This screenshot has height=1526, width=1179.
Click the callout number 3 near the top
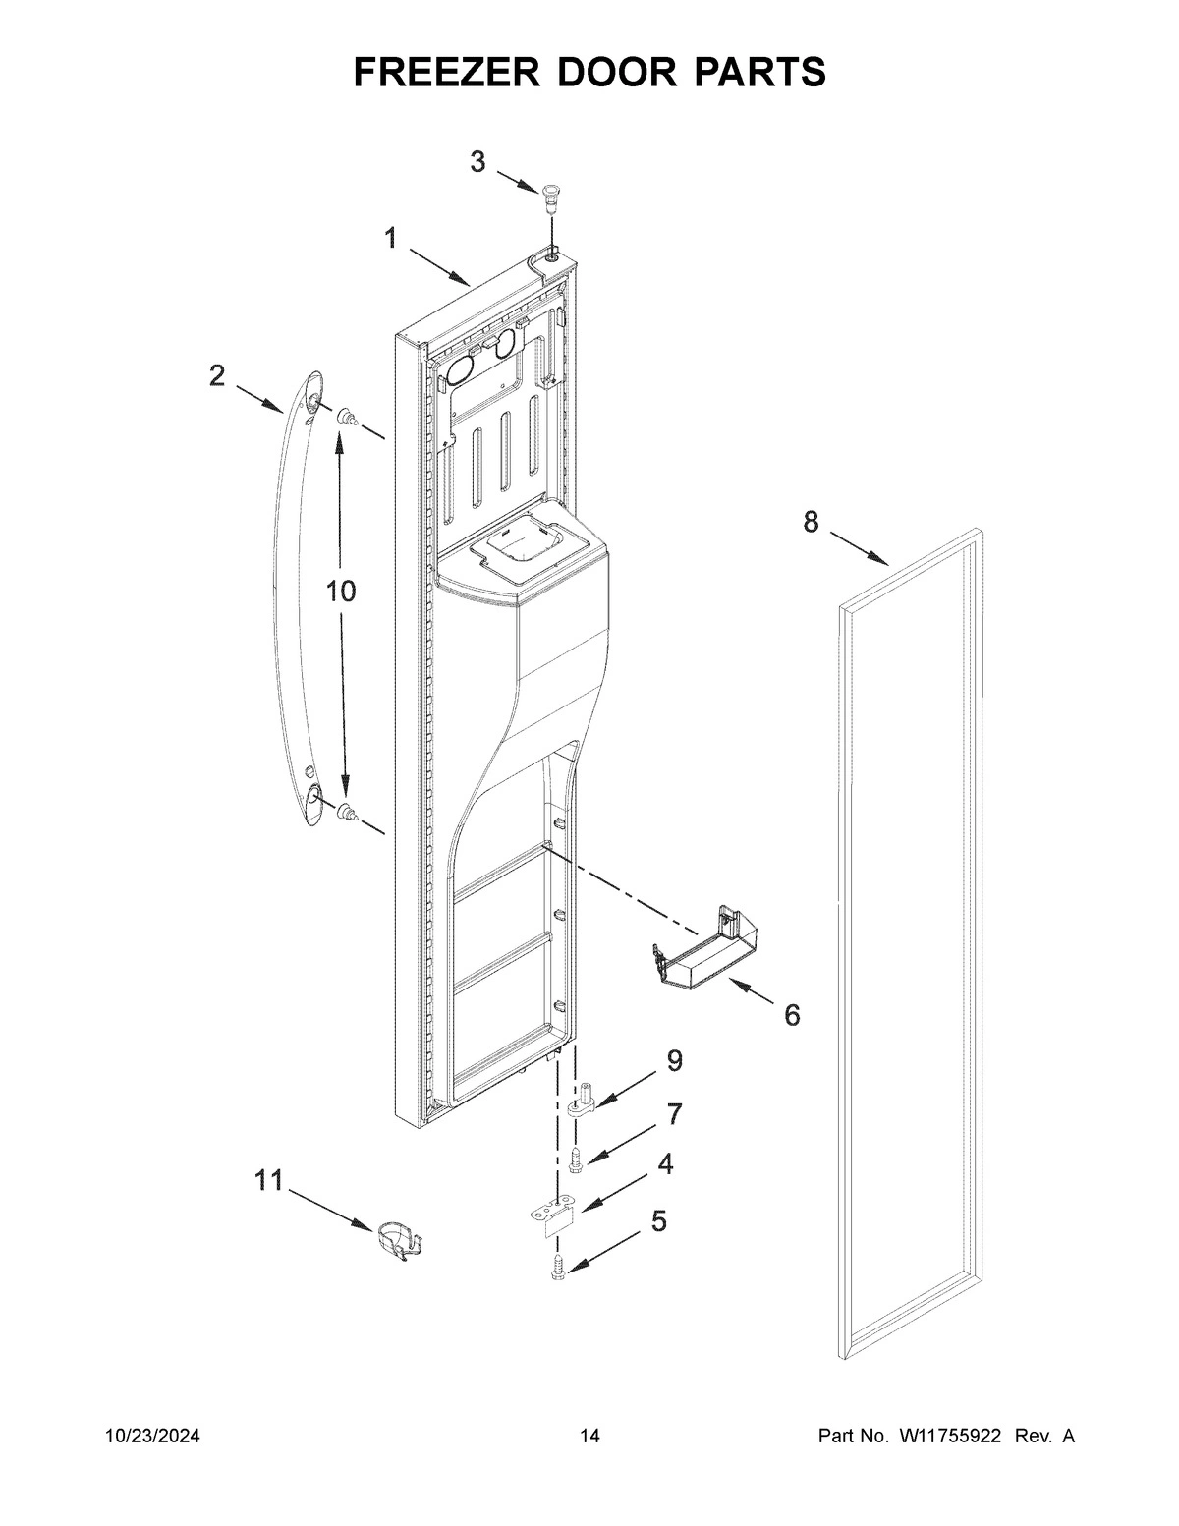(x=477, y=162)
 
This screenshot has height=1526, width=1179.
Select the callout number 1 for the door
(x=390, y=238)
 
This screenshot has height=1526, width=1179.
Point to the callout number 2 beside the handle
(x=217, y=375)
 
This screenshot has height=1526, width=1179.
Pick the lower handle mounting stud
(x=347, y=812)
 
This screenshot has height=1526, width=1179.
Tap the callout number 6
(x=792, y=1014)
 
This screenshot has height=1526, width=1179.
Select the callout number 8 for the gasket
(x=811, y=523)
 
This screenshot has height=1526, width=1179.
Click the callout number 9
(x=674, y=1060)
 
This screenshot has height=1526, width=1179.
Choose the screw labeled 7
(x=576, y=1158)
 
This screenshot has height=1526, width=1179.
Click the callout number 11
(x=268, y=1180)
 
